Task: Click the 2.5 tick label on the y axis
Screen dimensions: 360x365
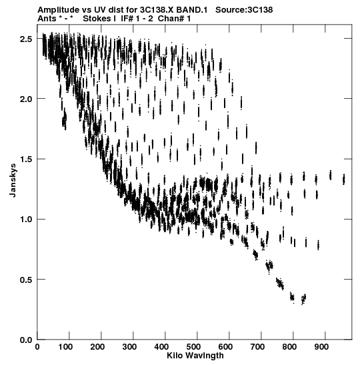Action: [25, 39]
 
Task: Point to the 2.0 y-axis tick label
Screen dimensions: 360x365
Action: [25, 99]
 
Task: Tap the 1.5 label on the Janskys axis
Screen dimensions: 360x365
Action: [25, 159]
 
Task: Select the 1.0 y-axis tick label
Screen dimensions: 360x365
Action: [25, 220]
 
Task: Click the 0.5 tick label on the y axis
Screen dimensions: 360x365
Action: [25, 280]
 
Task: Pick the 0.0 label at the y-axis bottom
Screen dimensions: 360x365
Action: [25, 340]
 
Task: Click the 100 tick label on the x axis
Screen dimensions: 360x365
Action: [65, 347]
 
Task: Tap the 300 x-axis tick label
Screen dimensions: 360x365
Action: [129, 347]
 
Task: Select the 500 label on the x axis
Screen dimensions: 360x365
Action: [193, 347]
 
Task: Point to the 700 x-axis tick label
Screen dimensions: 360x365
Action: [257, 347]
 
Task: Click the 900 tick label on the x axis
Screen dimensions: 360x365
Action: [321, 347]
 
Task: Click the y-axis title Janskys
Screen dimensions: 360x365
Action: [13, 180]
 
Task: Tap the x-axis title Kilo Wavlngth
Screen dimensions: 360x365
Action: [195, 356]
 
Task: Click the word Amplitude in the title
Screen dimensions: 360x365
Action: [59, 10]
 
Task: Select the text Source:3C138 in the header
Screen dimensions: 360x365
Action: [244, 10]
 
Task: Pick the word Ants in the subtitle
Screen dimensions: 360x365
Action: [47, 19]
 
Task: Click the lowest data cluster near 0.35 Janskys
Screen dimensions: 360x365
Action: [303, 299]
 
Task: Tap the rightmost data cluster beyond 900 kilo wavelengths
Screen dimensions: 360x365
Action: [344, 179]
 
